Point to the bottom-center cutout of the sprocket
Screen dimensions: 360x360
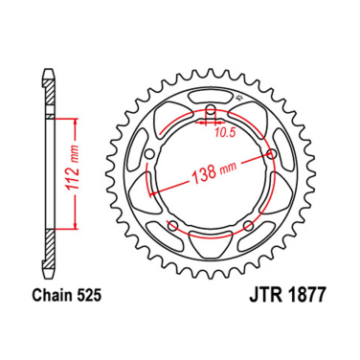[209, 256]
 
